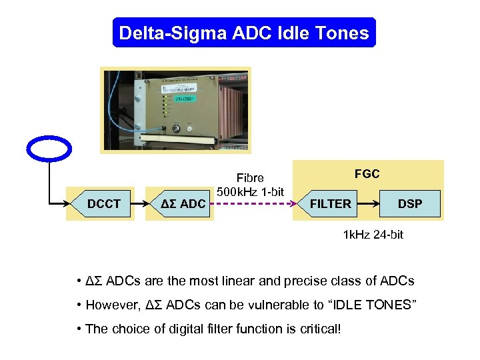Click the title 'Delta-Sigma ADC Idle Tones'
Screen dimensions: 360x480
(244, 33)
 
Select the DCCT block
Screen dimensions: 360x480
(105, 203)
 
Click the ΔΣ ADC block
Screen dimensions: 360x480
(183, 203)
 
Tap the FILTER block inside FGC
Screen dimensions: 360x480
(330, 203)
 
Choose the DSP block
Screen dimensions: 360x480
(409, 203)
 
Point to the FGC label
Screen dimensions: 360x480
(367, 174)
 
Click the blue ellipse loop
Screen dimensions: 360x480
(50, 149)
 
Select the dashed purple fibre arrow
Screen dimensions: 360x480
(253, 203)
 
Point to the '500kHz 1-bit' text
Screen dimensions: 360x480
(251, 192)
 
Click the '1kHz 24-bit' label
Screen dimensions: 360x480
(373, 235)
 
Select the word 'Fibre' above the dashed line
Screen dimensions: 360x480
(251, 178)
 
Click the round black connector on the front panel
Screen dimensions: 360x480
(177, 129)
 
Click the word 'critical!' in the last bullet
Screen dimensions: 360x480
(318, 329)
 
